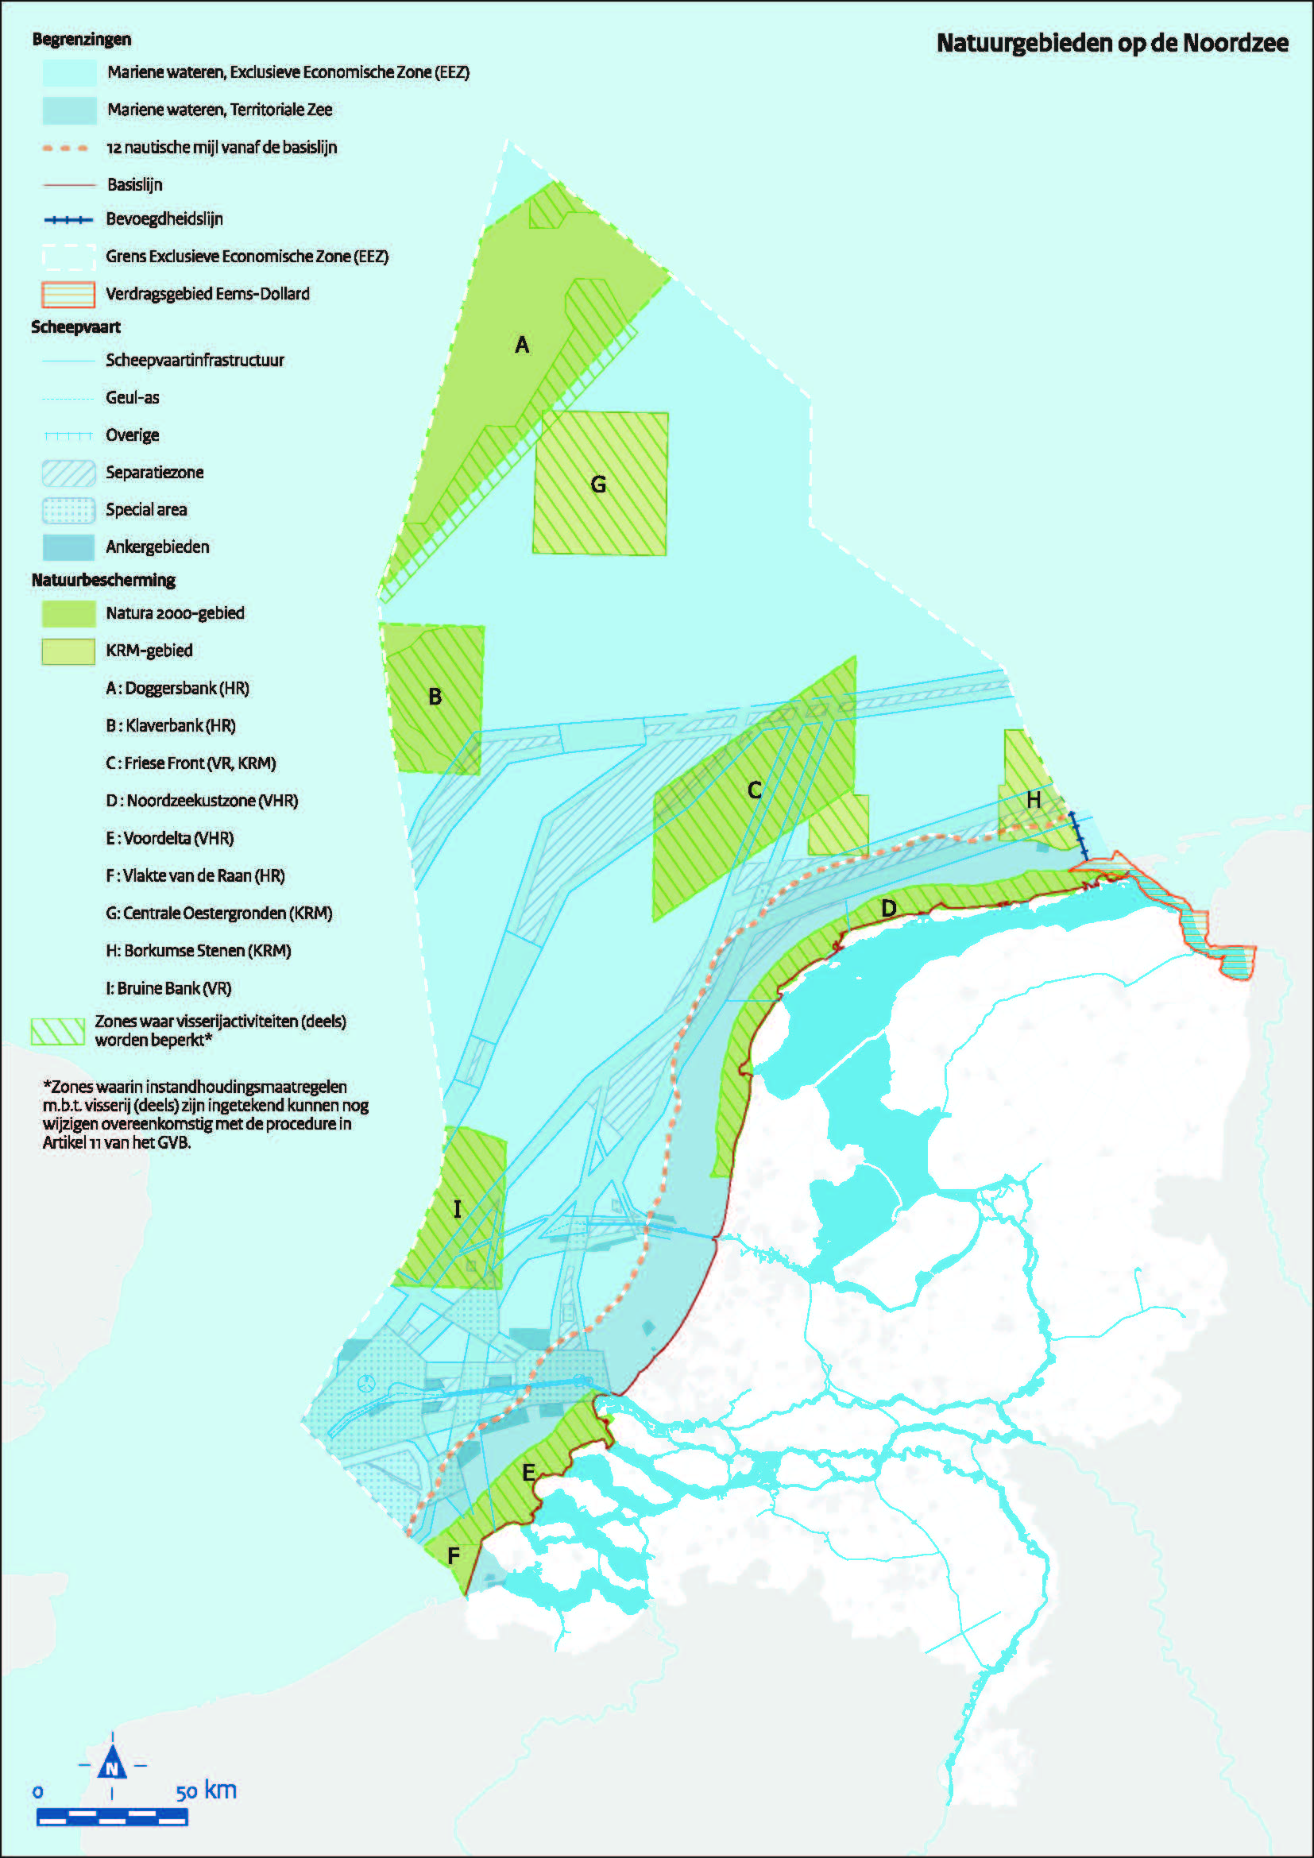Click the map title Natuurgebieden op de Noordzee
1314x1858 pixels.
[x=1111, y=43]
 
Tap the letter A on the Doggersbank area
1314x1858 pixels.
[x=522, y=346]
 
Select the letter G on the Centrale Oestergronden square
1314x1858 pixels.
[x=598, y=485]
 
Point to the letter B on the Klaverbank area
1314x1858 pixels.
[x=435, y=697]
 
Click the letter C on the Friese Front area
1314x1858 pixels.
[x=754, y=790]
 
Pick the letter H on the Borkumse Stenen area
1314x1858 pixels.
[x=1034, y=801]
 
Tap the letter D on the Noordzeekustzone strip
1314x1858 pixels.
[x=888, y=908]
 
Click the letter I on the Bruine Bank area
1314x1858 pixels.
[x=457, y=1209]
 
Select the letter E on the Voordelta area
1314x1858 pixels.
[x=528, y=1473]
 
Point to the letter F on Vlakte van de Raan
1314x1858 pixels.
[x=453, y=1555]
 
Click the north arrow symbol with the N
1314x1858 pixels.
[x=112, y=1767]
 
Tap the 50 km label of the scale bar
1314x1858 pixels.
[x=207, y=1790]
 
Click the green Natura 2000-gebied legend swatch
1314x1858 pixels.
[x=68, y=613]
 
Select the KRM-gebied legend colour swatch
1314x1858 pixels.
[x=68, y=651]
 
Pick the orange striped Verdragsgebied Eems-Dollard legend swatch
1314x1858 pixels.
[x=68, y=294]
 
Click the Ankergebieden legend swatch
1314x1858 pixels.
[x=68, y=547]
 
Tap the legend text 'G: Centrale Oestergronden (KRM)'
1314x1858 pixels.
[x=218, y=913]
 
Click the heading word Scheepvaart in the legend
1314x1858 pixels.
[x=75, y=327]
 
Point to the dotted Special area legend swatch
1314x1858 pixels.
[x=68, y=510]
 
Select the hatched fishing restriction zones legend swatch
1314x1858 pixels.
[x=57, y=1031]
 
